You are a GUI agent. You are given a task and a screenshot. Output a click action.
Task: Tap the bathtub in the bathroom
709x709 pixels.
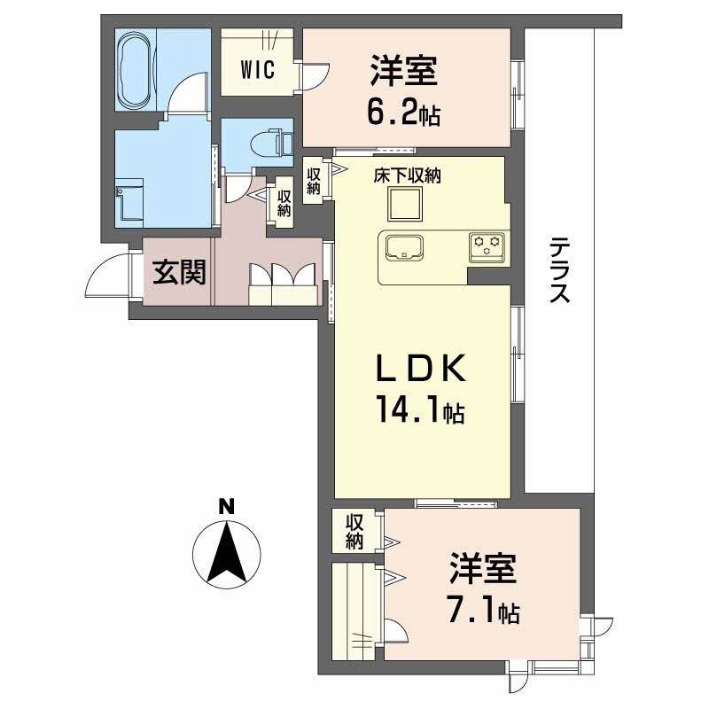(136, 69)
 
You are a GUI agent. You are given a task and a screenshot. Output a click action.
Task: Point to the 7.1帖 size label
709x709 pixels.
(482, 611)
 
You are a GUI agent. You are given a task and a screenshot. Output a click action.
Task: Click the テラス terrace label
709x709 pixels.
(558, 270)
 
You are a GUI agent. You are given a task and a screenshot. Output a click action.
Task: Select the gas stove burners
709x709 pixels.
(486, 245)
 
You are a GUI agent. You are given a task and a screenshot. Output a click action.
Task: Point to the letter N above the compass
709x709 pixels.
(227, 508)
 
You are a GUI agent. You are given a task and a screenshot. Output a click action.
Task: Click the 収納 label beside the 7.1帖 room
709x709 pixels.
(354, 530)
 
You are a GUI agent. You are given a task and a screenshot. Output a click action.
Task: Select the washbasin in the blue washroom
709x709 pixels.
(131, 200)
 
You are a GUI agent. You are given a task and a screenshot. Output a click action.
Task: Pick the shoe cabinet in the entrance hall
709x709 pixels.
(284, 281)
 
